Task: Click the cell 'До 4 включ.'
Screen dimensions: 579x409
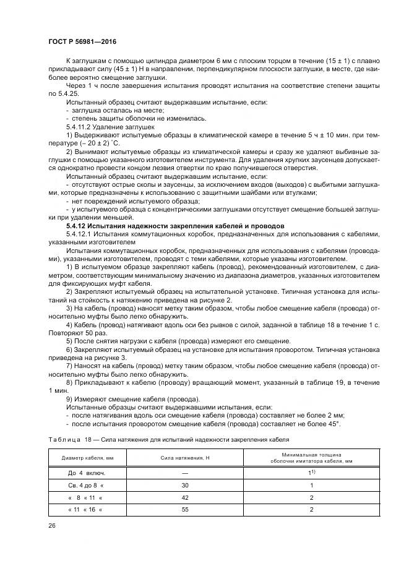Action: coord(84,473)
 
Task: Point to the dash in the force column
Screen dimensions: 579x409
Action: coord(185,473)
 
